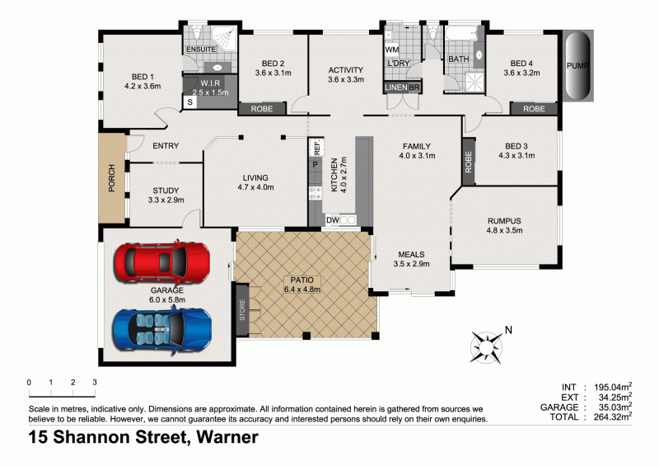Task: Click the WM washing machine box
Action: (392, 49)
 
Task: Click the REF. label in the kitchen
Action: (315, 148)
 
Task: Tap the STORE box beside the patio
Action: (242, 309)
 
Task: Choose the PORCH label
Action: (111, 178)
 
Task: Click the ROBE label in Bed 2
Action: (262, 108)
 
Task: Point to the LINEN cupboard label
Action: (395, 87)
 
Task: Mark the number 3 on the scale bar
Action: (95, 383)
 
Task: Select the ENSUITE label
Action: (201, 49)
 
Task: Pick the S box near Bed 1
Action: (190, 102)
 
